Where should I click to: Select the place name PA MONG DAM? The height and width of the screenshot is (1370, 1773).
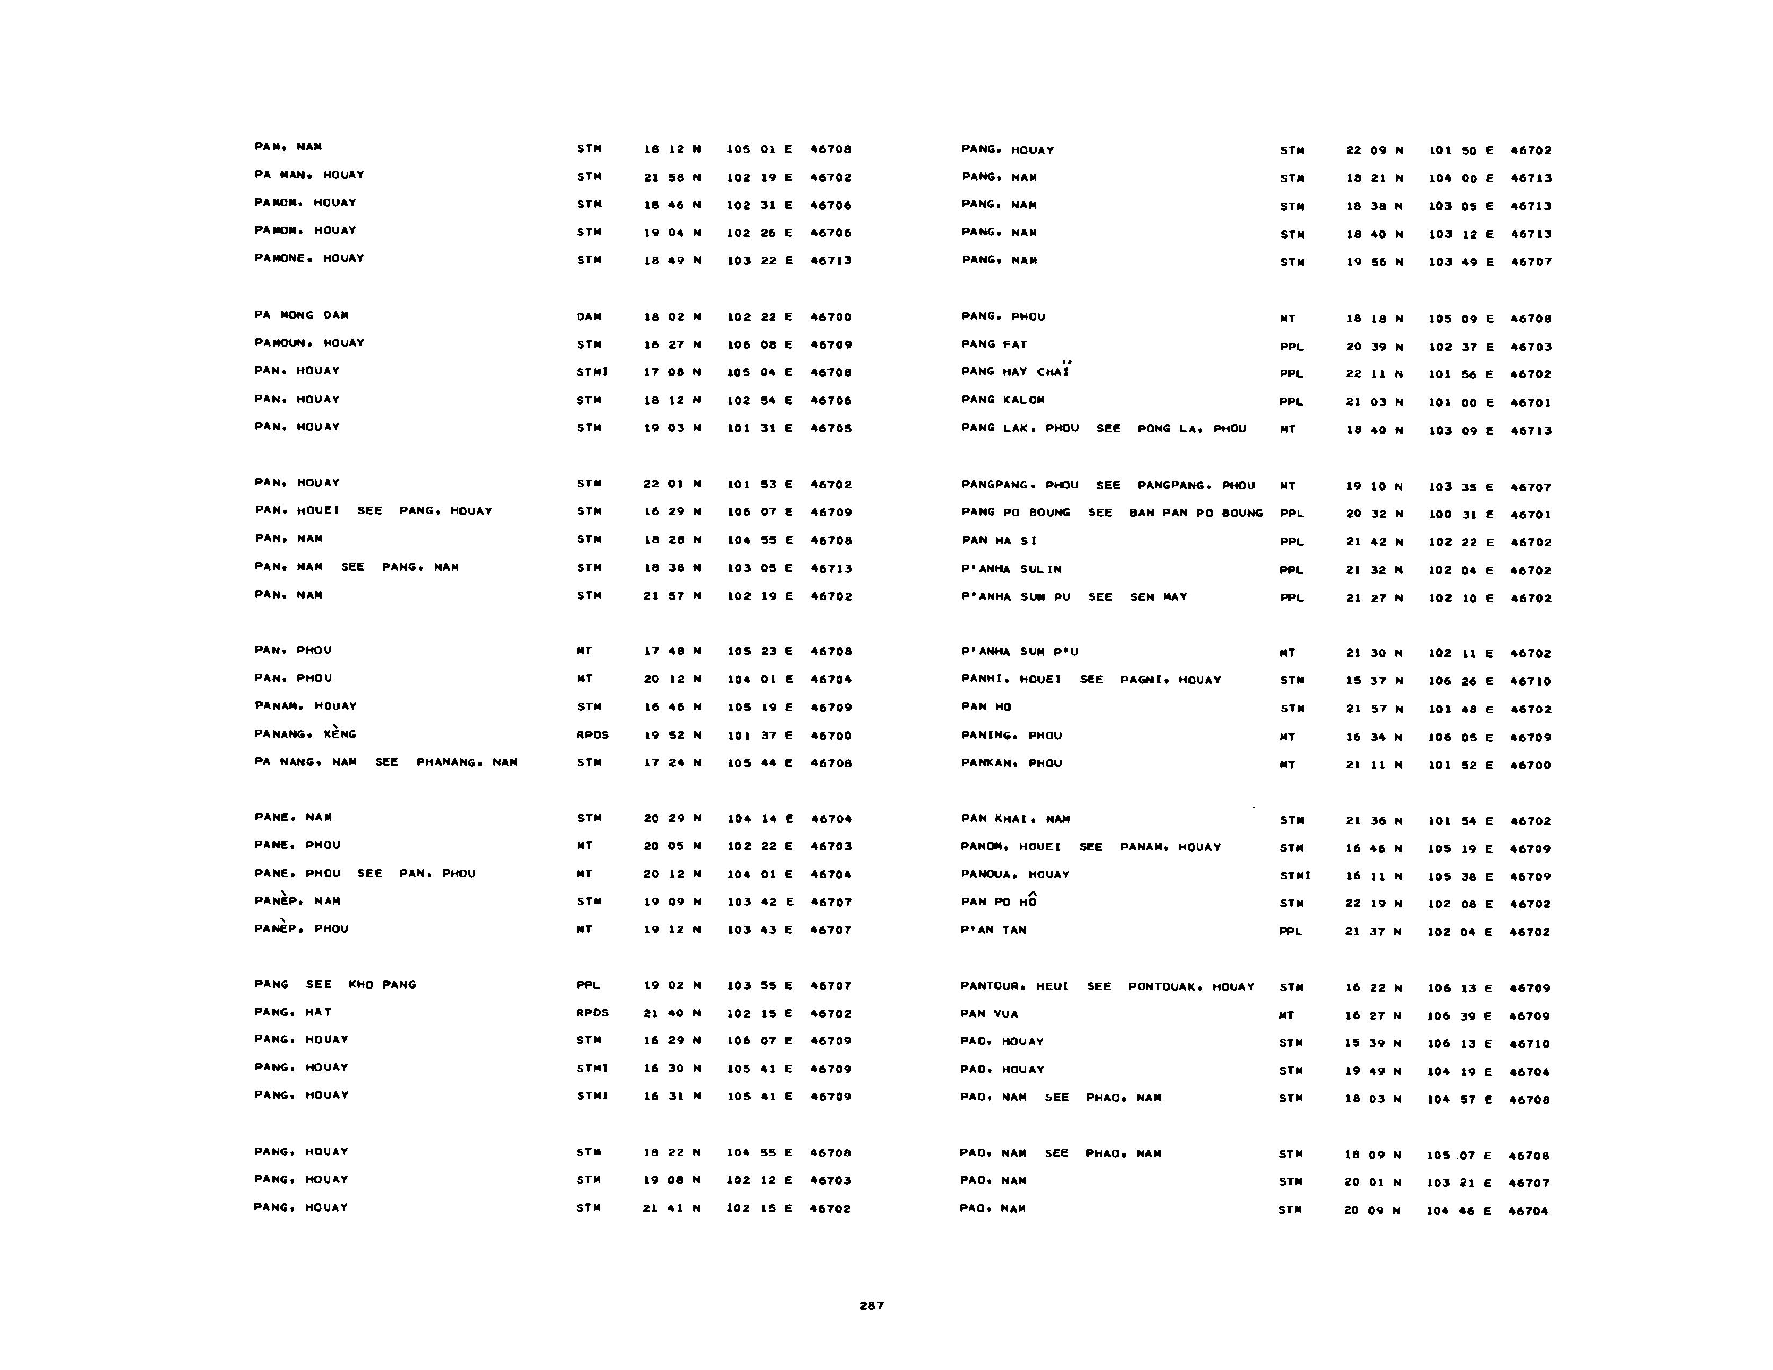point(301,315)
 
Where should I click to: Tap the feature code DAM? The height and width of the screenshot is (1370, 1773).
point(588,316)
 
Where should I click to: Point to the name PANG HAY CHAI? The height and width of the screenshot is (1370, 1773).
point(1015,372)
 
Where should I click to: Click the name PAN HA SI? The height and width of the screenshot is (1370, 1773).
point(999,540)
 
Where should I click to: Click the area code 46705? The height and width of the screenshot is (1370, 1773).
point(831,429)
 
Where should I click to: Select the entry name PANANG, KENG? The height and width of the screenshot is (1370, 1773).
point(305,734)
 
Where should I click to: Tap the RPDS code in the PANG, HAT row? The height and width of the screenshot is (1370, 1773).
point(592,1013)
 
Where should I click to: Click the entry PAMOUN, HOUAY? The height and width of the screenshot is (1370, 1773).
point(309,343)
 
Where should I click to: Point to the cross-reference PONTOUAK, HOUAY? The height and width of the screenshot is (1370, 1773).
point(1191,987)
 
